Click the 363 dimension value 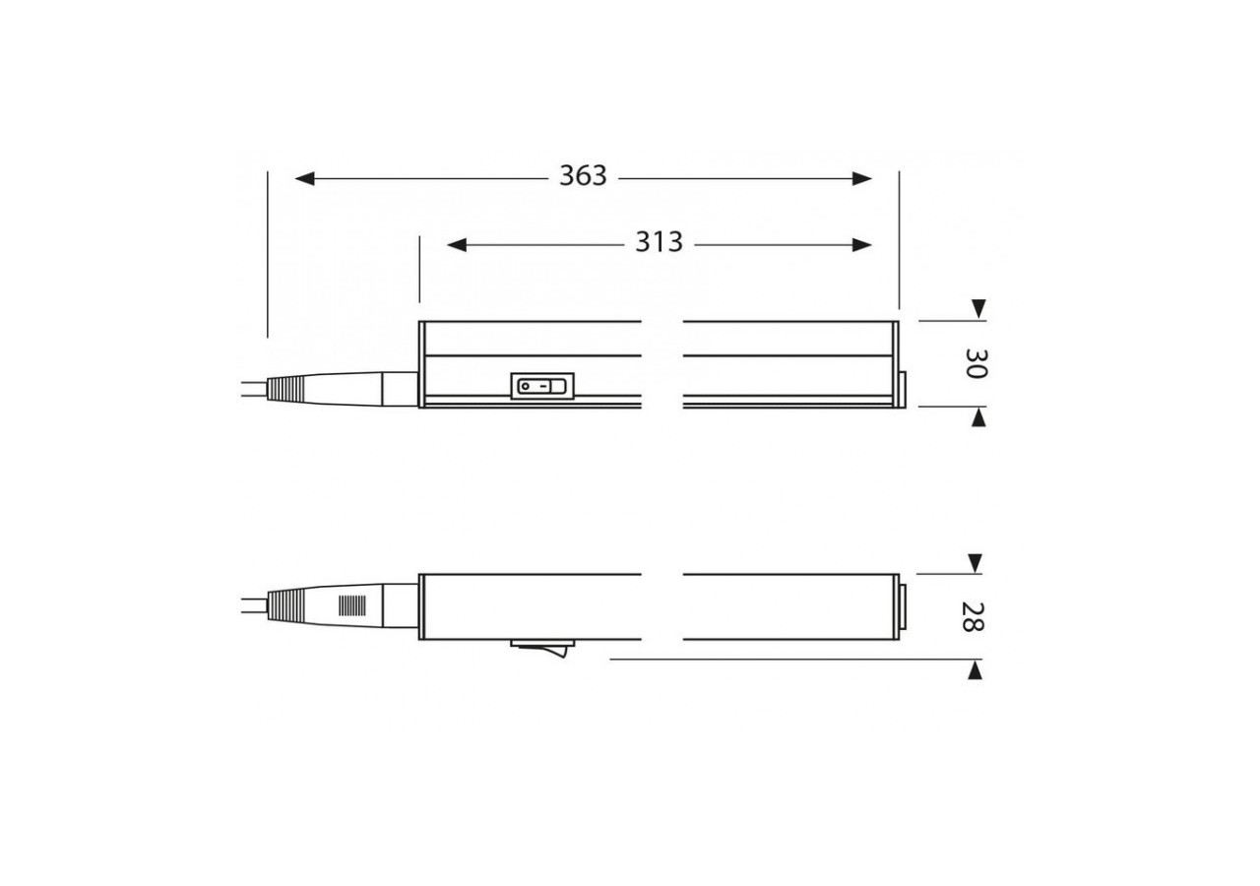583,177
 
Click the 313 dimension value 659,243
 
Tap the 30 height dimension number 976,363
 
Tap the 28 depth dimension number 975,617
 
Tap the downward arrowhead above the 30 977,309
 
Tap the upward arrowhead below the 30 977,418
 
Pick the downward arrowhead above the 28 975,563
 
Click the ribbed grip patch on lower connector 351,605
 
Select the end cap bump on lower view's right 904,607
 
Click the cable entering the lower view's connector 251,605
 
